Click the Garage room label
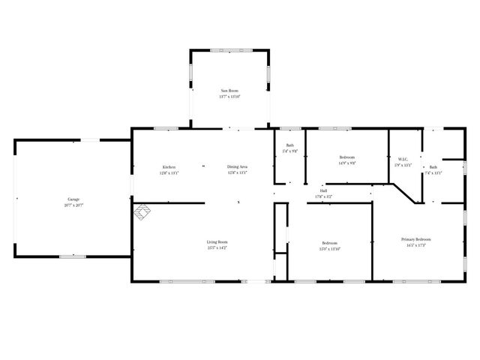point(74,199)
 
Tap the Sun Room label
point(229,89)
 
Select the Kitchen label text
point(169,166)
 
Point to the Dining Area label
point(238,166)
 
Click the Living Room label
point(217,241)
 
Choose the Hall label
point(323,190)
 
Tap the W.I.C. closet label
point(403,159)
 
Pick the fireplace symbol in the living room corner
point(142,214)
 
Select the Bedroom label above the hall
point(347,157)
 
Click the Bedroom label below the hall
point(330,243)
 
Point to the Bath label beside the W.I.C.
point(433,167)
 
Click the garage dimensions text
point(74,205)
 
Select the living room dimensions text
point(217,247)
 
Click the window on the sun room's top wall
point(229,49)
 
